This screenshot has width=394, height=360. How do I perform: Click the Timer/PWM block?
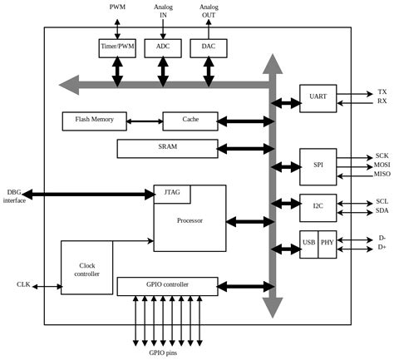tap(117, 48)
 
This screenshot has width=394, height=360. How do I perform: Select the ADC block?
tap(162, 48)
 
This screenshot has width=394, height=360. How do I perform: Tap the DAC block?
tap(208, 48)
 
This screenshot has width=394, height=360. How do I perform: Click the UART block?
tap(318, 97)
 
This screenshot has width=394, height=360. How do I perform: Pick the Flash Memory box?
tap(94, 121)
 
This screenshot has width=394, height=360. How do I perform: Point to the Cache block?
tap(190, 121)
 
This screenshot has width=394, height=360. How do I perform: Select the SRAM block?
tap(167, 148)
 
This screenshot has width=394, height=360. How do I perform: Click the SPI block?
tap(318, 165)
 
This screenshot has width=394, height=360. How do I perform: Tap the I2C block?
tap(318, 205)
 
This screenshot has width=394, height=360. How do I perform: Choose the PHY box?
tap(327, 244)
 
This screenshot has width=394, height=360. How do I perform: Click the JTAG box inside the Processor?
tap(172, 194)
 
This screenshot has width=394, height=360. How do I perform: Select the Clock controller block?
tap(86, 268)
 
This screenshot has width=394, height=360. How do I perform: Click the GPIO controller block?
tap(167, 286)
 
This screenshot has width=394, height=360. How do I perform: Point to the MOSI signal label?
tap(382, 165)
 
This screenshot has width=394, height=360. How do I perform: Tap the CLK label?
tap(23, 284)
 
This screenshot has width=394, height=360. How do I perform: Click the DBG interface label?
tap(14, 196)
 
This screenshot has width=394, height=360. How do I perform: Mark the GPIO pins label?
tap(162, 353)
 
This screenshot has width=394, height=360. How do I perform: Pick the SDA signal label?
tap(382, 210)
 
